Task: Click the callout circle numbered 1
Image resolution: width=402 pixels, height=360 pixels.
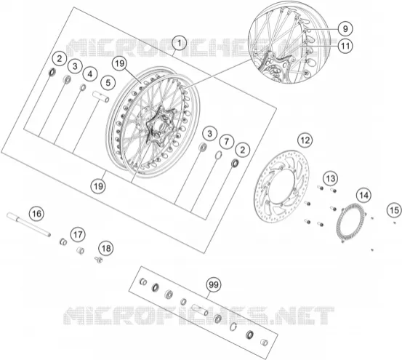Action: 180,43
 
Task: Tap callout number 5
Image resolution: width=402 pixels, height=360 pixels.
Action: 108,83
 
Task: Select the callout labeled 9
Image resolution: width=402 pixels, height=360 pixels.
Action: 345,28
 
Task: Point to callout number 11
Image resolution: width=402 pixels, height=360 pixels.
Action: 345,46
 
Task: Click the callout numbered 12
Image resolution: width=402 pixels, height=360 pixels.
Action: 305,140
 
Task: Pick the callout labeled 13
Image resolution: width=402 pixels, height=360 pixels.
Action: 331,178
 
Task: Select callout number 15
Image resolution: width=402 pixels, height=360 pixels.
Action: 395,210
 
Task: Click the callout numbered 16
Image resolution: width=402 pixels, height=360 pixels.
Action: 36,213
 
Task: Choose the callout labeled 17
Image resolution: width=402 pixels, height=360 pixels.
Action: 79,234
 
